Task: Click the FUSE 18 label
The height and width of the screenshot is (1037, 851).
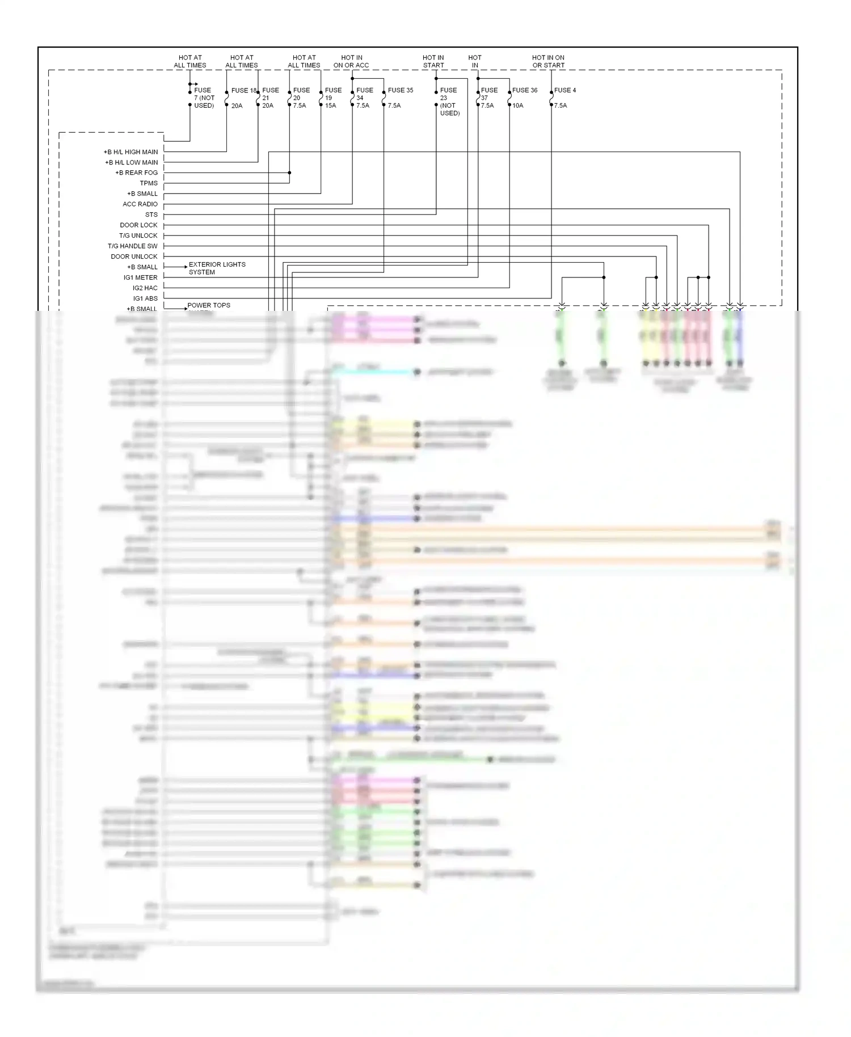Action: (244, 90)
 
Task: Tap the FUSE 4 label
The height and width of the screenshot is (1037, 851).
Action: (564, 90)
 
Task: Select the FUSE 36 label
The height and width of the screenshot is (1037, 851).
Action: (524, 90)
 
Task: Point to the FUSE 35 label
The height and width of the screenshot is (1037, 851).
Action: (400, 90)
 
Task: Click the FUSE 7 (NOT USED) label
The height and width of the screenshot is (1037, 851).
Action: (204, 98)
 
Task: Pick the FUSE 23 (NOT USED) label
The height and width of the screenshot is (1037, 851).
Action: (449, 102)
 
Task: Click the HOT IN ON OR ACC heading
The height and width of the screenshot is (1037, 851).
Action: (351, 61)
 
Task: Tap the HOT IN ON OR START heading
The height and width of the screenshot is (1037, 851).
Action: (548, 61)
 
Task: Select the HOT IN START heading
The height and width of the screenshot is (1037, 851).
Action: (433, 61)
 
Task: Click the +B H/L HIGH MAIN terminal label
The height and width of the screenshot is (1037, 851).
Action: (130, 152)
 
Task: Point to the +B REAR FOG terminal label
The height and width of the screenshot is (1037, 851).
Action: (136, 172)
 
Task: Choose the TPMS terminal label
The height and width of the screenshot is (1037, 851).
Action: (149, 183)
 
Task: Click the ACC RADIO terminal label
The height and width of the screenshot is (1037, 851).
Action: (140, 204)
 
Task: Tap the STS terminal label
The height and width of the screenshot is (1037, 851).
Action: (151, 214)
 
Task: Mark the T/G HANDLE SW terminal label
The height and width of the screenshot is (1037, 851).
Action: (132, 246)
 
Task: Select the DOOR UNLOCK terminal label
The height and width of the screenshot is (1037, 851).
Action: (134, 256)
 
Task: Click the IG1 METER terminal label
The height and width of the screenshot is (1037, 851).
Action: (140, 277)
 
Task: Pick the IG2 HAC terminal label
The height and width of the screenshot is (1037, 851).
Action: (145, 288)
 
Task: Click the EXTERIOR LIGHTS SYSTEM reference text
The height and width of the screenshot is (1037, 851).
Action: (217, 268)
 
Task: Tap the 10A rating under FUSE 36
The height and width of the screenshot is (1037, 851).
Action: (517, 106)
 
